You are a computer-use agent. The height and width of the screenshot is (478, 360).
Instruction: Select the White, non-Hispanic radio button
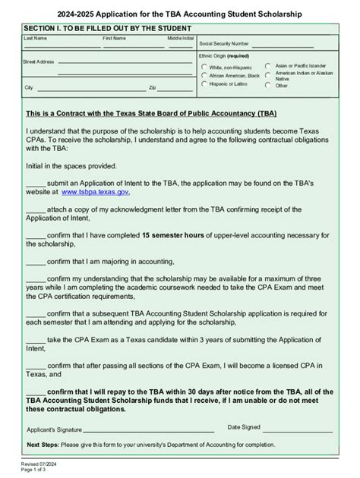(x=204, y=67)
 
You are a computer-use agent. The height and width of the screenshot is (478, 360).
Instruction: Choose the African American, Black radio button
(x=204, y=76)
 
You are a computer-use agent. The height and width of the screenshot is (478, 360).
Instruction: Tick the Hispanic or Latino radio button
(x=204, y=84)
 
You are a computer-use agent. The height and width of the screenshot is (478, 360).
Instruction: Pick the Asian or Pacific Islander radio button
(x=268, y=67)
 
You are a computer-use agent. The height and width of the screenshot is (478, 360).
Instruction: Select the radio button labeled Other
(x=268, y=85)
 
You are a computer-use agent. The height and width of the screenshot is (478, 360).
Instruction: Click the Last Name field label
(x=35, y=37)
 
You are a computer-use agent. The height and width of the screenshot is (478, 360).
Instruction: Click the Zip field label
(x=152, y=89)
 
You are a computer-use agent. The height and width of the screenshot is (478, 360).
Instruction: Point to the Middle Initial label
(x=180, y=37)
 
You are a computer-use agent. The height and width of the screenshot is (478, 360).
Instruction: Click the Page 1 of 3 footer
(x=35, y=470)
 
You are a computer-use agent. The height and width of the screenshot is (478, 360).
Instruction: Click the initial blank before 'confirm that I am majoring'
(x=36, y=260)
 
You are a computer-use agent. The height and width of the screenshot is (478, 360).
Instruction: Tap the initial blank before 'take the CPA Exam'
(x=36, y=340)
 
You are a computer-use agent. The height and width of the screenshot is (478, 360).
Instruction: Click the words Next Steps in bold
(x=43, y=445)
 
